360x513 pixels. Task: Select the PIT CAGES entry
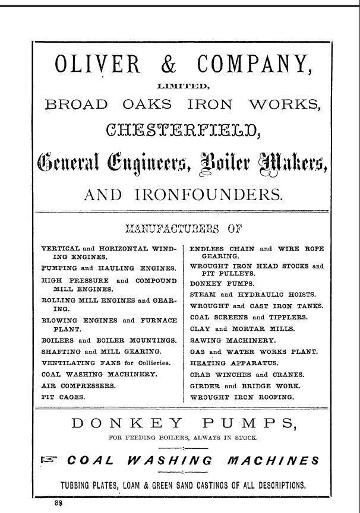click(62, 396)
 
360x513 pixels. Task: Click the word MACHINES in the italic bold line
click(274, 460)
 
